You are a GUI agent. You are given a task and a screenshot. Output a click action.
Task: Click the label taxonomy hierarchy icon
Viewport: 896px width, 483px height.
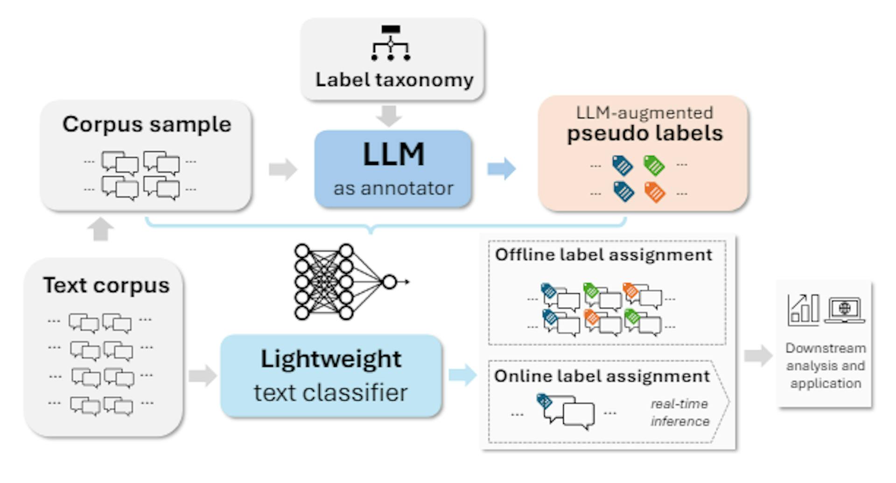point(391,43)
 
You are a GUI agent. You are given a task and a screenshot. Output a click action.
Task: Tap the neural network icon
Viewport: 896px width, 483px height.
point(345,282)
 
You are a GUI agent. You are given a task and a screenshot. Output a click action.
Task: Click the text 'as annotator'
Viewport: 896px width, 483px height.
point(393,188)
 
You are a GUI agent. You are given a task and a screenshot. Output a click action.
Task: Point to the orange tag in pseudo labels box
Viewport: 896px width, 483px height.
point(654,192)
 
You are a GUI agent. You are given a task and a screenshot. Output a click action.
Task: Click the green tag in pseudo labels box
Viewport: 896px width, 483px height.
point(654,165)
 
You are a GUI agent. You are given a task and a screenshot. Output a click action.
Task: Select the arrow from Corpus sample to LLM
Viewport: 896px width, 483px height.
point(283,169)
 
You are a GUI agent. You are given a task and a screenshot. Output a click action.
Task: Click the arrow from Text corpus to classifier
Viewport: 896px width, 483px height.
point(203,376)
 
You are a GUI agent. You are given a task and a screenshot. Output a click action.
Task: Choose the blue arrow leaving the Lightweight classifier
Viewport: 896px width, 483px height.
point(462,375)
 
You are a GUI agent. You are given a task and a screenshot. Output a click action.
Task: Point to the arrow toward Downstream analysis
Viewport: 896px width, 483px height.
point(758,356)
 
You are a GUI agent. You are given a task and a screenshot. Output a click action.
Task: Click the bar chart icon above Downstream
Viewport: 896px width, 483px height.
point(803,310)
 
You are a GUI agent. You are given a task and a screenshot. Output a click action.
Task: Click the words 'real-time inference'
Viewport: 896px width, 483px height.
point(679,412)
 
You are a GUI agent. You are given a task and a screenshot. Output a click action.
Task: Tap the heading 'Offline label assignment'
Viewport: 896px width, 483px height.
point(603,255)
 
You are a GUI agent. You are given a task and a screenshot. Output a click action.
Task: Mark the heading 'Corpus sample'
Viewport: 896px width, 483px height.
point(147,124)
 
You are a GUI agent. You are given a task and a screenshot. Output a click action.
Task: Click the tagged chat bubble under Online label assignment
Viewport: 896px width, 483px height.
point(566,410)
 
